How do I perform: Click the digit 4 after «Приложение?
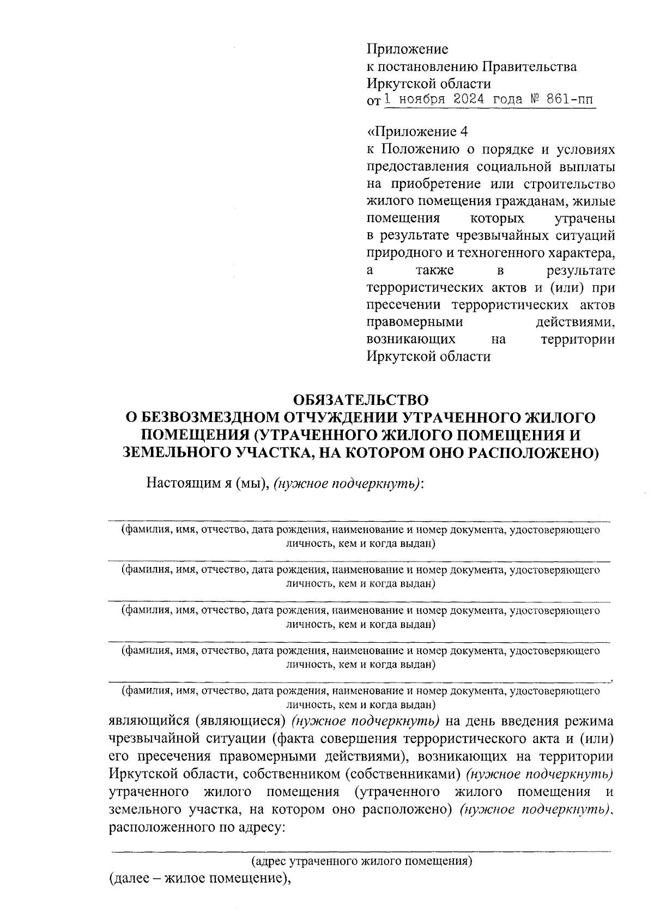pos(464,132)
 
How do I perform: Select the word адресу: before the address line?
pos(260,827)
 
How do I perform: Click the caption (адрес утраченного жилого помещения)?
pos(361,861)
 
